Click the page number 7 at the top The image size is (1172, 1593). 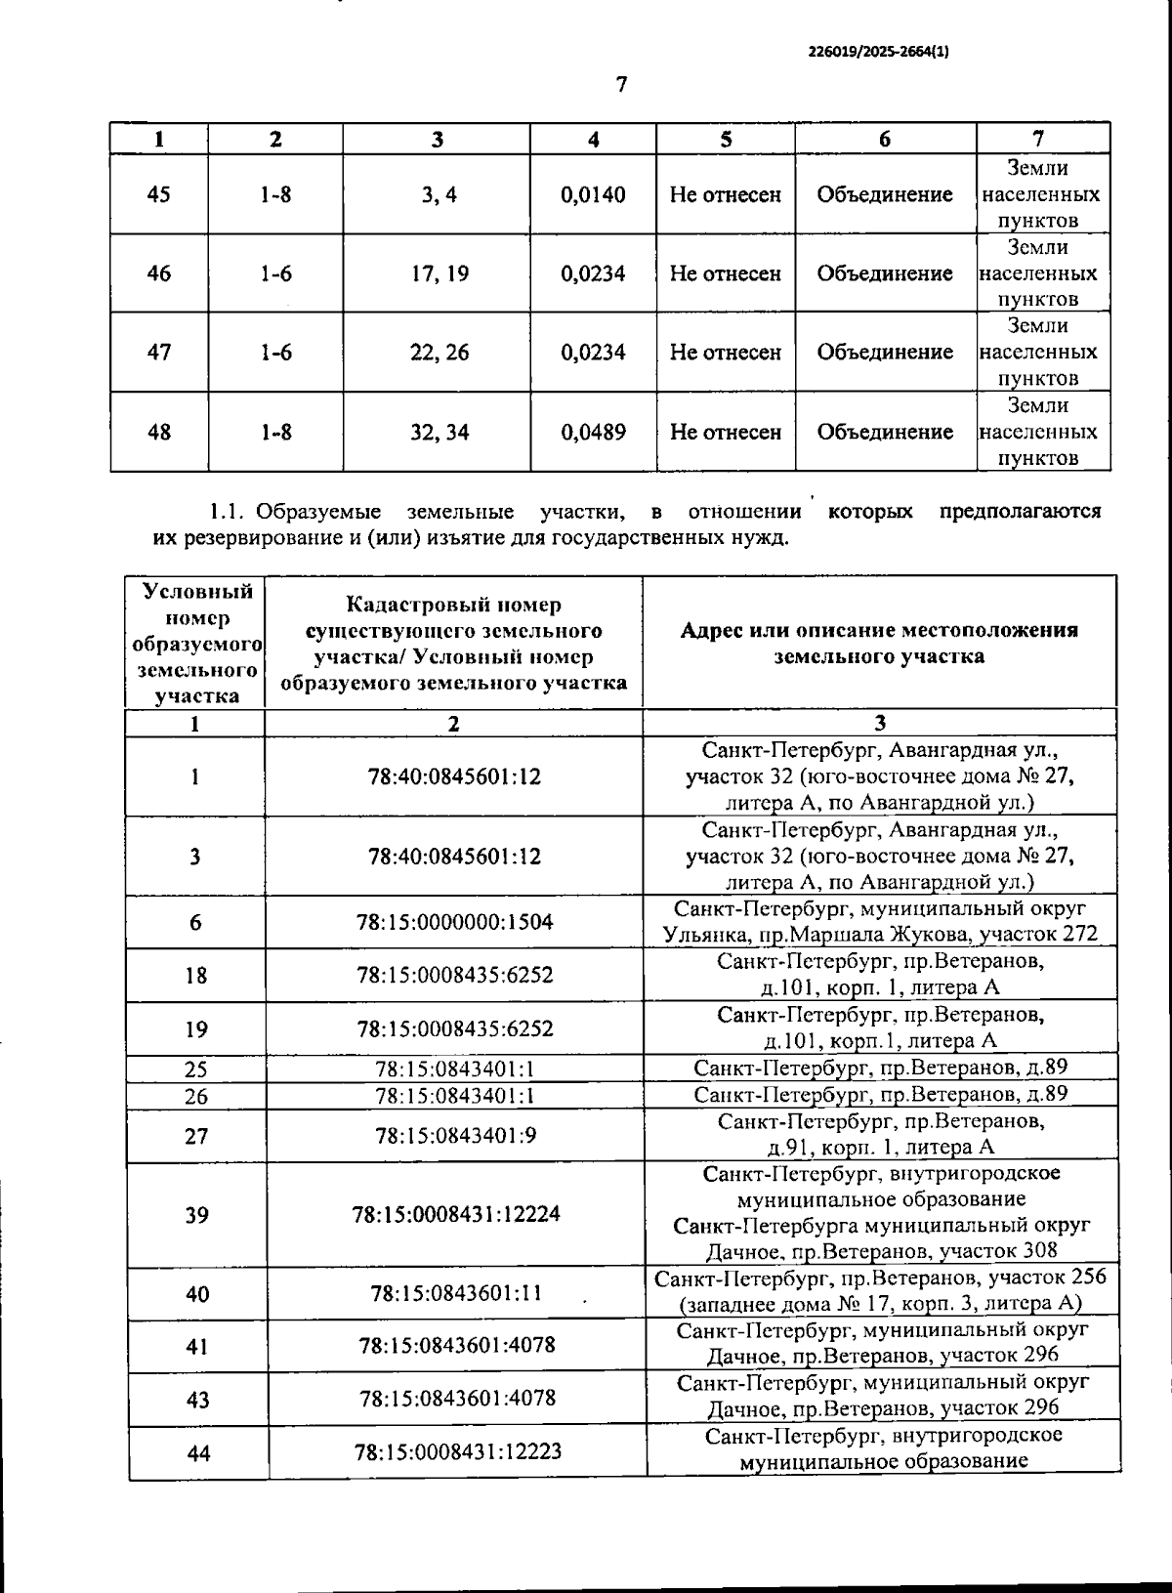pos(621,85)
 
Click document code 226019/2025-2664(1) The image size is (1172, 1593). pos(878,54)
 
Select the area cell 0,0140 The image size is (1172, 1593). pos(593,194)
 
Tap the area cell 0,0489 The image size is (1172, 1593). pos(593,432)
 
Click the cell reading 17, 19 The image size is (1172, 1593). pos(439,273)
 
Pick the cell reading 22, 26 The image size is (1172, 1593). pos(439,353)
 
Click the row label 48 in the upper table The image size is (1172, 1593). pos(158,432)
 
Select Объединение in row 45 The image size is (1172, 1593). pos(885,194)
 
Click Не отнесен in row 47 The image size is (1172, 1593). pos(725,353)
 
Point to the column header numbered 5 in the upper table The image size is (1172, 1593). pos(726,139)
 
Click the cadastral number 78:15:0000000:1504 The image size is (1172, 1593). pos(455,922)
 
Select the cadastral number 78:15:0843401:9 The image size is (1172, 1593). pos(455,1136)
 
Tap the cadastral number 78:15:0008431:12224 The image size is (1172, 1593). pos(456,1215)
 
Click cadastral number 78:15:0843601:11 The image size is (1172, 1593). pos(455,1294)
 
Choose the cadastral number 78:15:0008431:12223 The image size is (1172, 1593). pos(457,1451)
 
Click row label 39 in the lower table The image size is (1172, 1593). pos(196,1215)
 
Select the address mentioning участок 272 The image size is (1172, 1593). pos(880,922)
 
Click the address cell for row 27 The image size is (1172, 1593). pos(880,1135)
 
